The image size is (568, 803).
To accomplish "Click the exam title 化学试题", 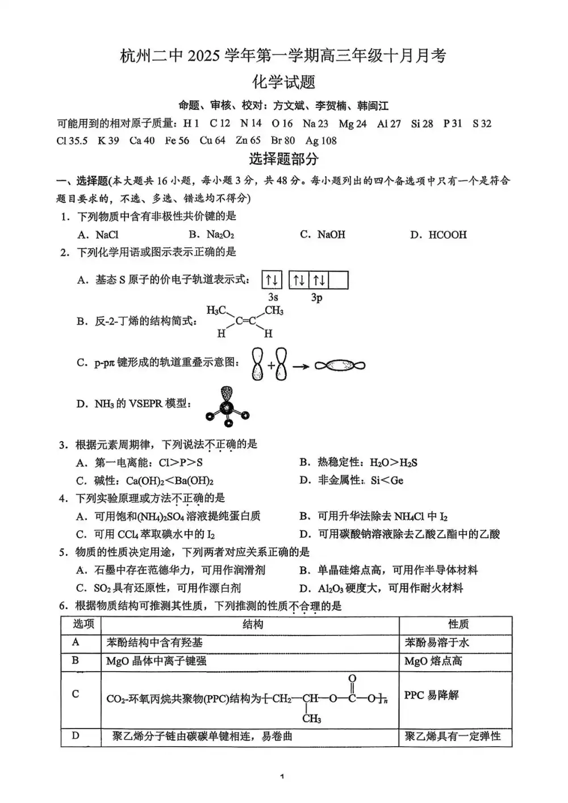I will coord(283,82).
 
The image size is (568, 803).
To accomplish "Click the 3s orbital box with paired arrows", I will coord(272,280).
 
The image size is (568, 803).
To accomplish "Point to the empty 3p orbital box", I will coord(338,280).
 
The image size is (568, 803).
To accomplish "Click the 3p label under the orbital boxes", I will coord(317,297).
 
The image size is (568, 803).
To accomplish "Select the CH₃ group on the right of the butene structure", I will coord(274,311).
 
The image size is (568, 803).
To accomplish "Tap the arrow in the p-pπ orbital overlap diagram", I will coord(301,367).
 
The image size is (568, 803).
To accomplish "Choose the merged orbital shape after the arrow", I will coord(340,366).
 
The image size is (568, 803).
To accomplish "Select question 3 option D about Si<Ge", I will coord(352,480).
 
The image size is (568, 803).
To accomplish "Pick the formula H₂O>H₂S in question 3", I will coord(393,463).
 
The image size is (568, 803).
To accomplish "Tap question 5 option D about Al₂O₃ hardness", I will coord(382,588).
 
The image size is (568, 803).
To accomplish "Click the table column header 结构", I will coord(252,625).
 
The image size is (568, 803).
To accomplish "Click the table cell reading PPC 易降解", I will coord(431,695).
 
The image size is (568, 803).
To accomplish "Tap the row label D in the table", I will coord(76,736).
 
